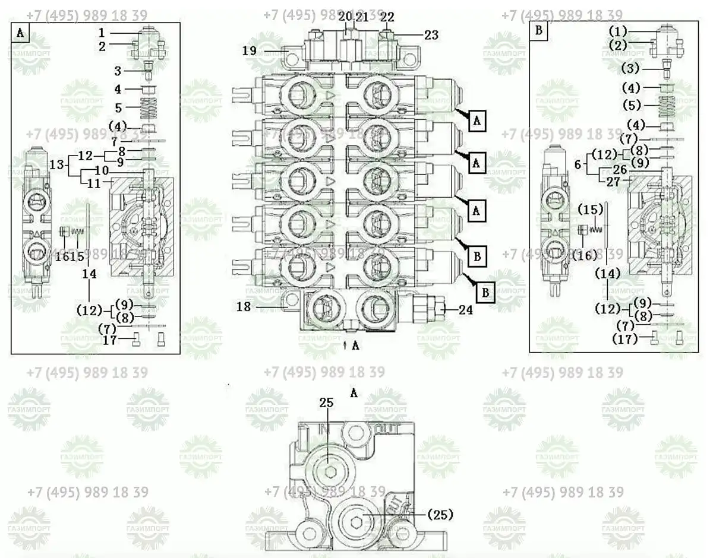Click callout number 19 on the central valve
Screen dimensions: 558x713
click(249, 51)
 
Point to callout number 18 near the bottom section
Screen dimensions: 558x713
click(244, 306)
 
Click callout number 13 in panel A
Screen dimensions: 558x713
click(56, 163)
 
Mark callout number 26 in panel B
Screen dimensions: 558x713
click(620, 169)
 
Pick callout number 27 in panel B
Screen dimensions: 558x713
click(620, 182)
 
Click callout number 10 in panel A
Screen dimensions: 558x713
click(101, 171)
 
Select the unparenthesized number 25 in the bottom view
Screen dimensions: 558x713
click(326, 402)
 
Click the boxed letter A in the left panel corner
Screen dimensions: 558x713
click(20, 33)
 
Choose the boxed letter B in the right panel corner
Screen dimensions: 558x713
click(538, 32)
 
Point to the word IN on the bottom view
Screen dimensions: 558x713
click(324, 429)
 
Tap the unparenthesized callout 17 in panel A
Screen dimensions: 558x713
click(109, 340)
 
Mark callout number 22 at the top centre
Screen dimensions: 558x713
click(387, 17)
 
